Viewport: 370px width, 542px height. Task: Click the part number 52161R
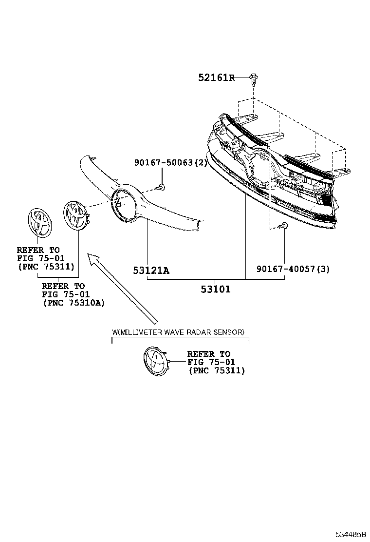(217, 77)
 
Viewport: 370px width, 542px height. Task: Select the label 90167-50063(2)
(171, 162)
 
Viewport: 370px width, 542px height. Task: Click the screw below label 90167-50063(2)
(160, 188)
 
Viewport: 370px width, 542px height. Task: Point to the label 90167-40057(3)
(293, 269)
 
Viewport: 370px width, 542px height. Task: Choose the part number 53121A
(151, 271)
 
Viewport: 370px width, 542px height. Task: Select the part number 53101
(215, 289)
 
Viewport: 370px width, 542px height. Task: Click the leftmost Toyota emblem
(40, 223)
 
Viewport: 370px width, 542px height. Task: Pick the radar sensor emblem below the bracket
(156, 361)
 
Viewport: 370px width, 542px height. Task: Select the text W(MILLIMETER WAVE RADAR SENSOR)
(178, 332)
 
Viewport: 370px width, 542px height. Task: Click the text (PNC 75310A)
(74, 303)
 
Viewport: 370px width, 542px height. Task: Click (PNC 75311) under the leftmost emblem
(46, 267)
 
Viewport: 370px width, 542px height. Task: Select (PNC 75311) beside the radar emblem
(217, 370)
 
